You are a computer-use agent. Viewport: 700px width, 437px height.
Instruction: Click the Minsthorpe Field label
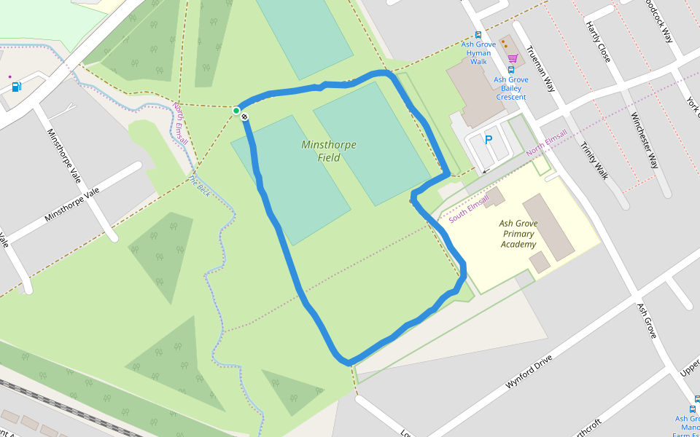[x=329, y=151]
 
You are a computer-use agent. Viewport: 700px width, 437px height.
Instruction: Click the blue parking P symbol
[x=489, y=140]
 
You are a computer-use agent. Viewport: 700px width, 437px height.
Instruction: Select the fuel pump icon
[x=17, y=87]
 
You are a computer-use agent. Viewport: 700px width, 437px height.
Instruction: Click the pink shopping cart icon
[x=513, y=58]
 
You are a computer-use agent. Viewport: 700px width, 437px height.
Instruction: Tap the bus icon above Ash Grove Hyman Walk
[x=478, y=34]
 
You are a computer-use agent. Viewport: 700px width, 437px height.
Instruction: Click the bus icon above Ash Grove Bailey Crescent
[x=511, y=70]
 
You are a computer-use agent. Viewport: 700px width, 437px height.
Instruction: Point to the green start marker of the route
[x=236, y=111]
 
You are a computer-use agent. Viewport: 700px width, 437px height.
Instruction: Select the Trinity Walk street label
[x=594, y=160]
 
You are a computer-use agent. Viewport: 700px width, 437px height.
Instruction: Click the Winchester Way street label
[x=645, y=141]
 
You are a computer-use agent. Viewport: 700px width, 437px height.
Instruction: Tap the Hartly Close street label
[x=597, y=42]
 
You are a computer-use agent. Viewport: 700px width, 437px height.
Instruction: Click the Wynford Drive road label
[x=529, y=371]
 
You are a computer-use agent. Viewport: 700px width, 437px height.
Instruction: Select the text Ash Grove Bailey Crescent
[x=511, y=88]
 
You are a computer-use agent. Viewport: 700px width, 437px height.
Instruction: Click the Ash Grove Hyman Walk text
[x=478, y=53]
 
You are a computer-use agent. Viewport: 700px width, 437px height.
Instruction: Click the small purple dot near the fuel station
[x=9, y=76]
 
